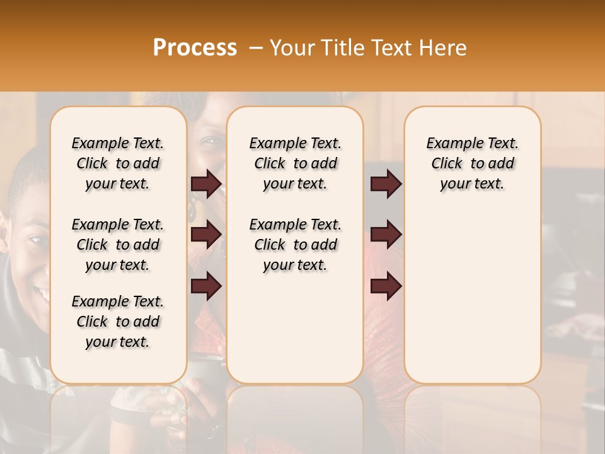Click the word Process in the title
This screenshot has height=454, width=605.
pos(195,47)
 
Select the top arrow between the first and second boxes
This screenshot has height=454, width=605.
pos(206,183)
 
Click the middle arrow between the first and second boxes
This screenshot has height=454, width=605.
pos(206,235)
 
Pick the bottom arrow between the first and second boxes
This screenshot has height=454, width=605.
pos(206,286)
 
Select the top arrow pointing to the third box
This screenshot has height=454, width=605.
pos(386,183)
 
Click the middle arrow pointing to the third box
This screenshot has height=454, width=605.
pos(386,235)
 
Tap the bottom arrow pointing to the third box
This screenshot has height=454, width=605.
pos(386,286)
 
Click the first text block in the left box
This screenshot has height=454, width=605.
pos(118,163)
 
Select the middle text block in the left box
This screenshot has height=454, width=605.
pos(118,245)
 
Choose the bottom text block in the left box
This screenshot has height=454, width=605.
pos(118,322)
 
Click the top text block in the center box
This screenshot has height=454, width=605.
pos(295,163)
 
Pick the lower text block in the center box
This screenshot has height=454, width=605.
pos(295,245)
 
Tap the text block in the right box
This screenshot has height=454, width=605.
pos(472,163)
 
